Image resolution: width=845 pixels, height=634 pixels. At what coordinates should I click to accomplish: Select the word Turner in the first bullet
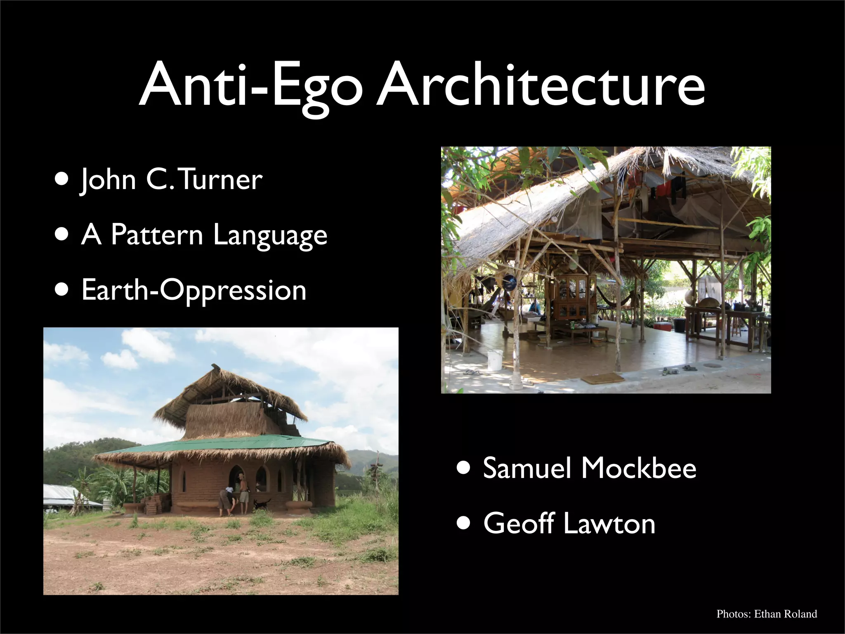(x=222, y=180)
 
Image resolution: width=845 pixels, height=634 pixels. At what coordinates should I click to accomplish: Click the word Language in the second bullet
(x=270, y=235)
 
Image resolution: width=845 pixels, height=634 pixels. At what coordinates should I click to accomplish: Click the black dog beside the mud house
(x=262, y=504)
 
